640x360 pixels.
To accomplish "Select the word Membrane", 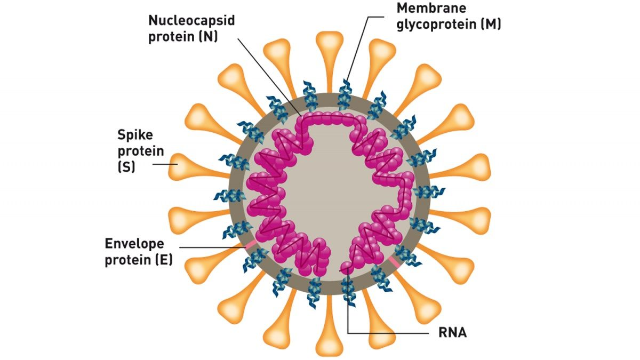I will pos(431,8).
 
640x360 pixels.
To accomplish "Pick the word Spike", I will pos(135,134).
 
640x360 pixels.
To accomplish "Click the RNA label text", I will pos(452,333).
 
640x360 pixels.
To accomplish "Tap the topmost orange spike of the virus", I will pos(329,47).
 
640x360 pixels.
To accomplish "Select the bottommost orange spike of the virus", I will pos(329,341).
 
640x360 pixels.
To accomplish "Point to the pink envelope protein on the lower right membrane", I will pos(395,261).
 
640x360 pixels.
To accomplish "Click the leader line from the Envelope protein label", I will pos(213,247).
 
